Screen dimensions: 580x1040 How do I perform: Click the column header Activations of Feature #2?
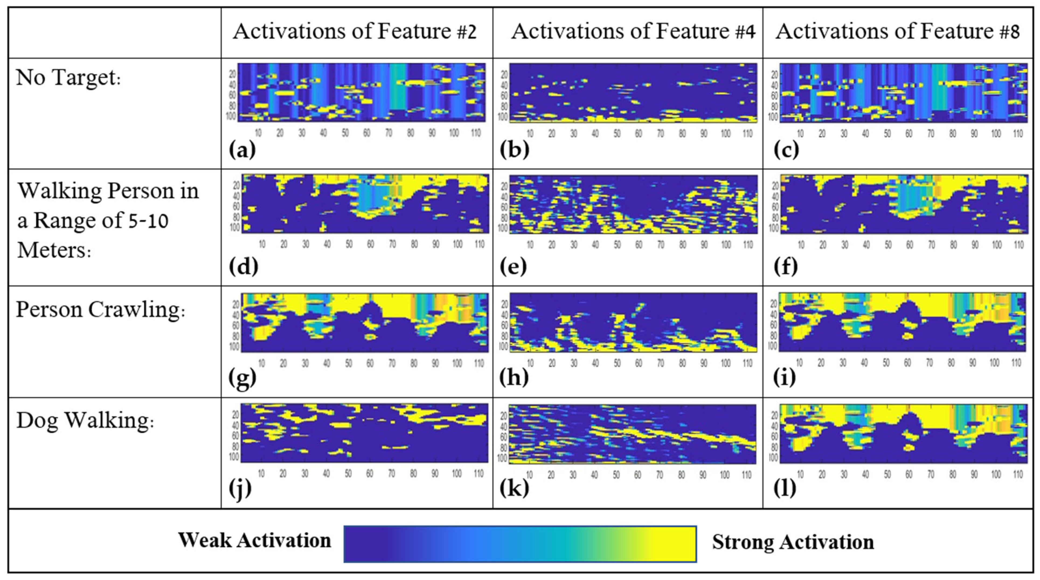[x=355, y=32]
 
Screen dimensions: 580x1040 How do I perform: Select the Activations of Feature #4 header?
[x=633, y=32]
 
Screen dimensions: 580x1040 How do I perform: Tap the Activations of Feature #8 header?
[x=897, y=32]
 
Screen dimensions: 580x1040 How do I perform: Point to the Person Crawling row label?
[x=100, y=310]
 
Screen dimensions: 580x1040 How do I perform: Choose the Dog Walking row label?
[x=85, y=421]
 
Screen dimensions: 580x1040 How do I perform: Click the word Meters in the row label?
[x=54, y=250]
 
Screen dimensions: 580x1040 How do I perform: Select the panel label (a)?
[x=242, y=150]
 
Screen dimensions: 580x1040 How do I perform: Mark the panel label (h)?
[x=514, y=378]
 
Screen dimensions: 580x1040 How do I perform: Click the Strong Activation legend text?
[x=793, y=542]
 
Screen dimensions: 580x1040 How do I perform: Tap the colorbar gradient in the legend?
[x=520, y=544]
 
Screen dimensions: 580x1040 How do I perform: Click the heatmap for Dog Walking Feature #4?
[x=632, y=434]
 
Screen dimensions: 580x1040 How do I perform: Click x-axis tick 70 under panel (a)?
[x=389, y=133]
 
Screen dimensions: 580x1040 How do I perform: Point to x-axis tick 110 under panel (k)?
[x=747, y=475]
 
